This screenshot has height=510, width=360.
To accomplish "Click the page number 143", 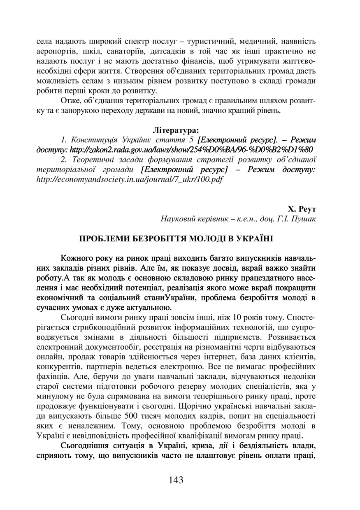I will click(x=176, y=480).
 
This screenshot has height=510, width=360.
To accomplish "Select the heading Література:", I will click(x=176, y=131).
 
